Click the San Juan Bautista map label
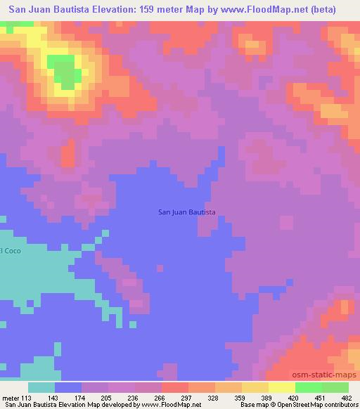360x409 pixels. coord(186,212)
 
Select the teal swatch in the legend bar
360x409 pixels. coord(41,387)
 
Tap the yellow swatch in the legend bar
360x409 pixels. coord(281,387)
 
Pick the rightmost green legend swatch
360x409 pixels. coord(335,387)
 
